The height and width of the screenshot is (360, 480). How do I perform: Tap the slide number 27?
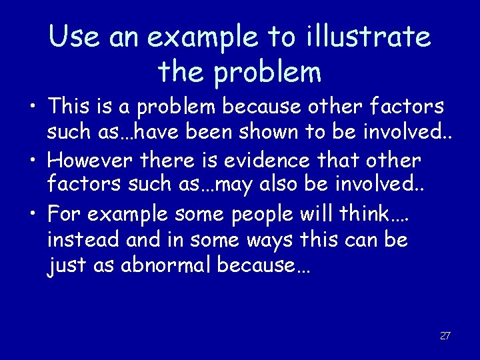tap(445, 335)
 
